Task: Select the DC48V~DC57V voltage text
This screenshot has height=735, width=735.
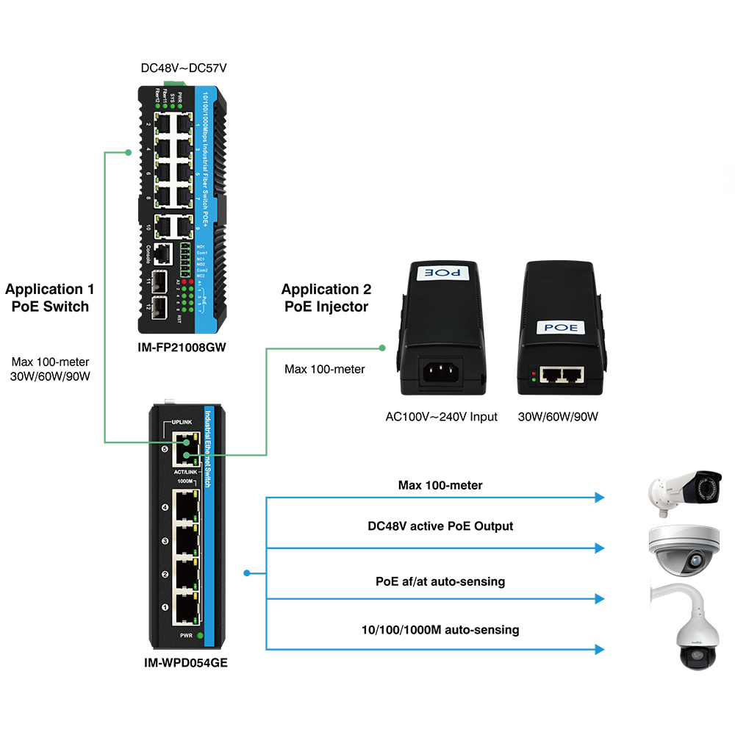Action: click(184, 68)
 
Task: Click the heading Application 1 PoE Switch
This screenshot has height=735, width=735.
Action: click(50, 298)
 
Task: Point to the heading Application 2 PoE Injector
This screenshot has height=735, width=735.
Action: click(326, 298)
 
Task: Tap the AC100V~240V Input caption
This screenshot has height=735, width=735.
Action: click(442, 417)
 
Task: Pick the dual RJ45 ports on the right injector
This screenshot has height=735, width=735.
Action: click(562, 375)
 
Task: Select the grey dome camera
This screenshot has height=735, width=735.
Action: click(683, 550)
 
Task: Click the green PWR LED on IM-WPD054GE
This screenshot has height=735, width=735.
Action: click(199, 634)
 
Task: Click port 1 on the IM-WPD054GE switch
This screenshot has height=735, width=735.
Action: click(184, 606)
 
